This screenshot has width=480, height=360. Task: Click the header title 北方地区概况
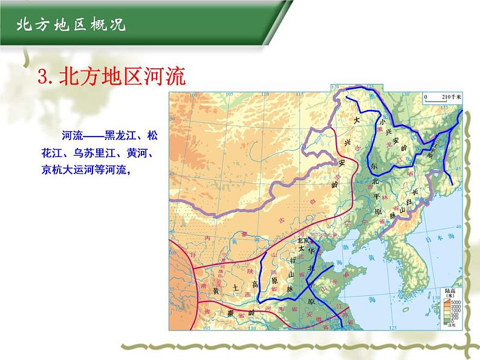tap(70, 25)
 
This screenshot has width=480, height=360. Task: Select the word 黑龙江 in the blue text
tap(118, 135)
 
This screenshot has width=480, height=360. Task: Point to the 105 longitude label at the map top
tap(227, 93)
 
